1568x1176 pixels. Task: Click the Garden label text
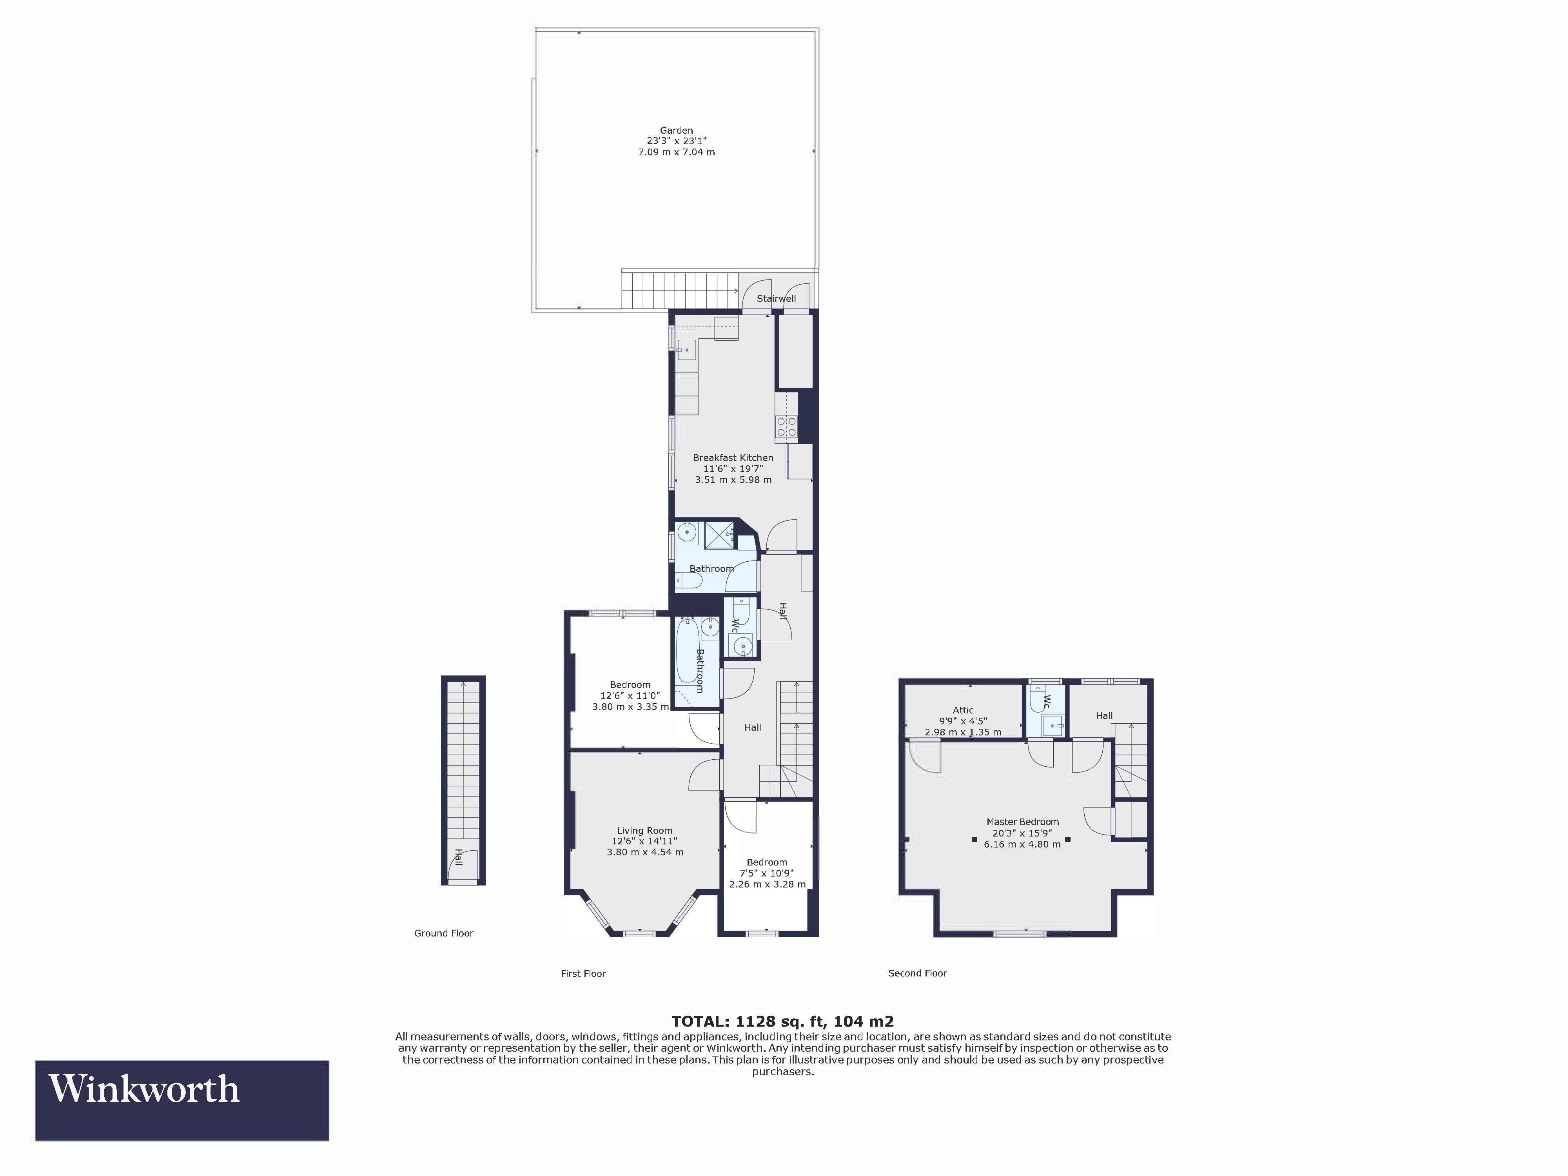(676, 131)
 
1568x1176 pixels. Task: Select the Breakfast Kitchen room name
(733, 458)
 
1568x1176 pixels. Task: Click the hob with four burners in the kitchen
(786, 426)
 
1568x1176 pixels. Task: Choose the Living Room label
(644, 831)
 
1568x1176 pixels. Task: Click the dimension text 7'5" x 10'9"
(767, 873)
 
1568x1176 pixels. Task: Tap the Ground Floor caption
(443, 934)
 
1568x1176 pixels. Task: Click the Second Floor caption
(917, 973)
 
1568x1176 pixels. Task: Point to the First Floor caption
(583, 974)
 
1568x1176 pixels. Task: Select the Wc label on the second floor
(1046, 702)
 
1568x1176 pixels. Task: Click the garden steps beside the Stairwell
(679, 290)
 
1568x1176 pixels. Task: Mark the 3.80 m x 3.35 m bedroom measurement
(630, 707)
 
